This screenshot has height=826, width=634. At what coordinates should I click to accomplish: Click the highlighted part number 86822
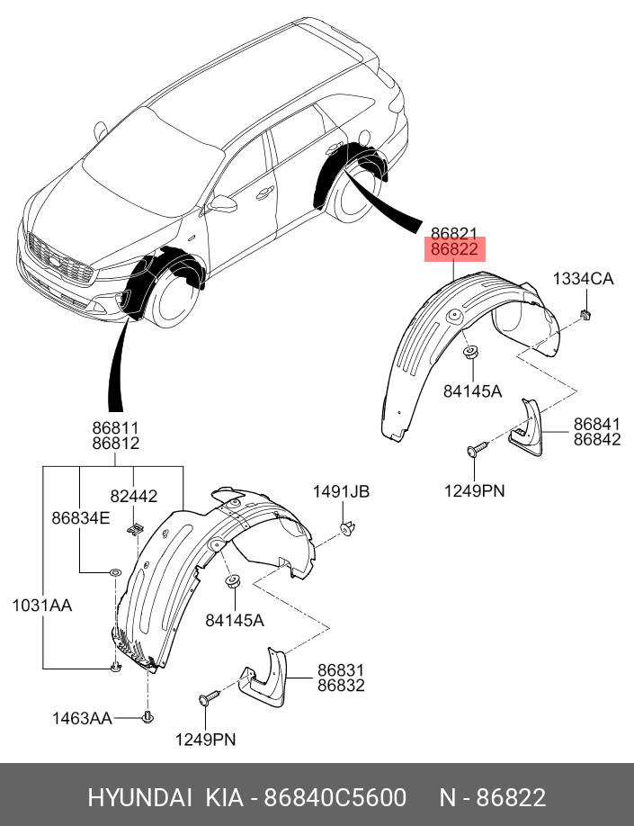[x=454, y=250]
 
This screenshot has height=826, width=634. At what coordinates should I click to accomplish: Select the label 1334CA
[x=583, y=279]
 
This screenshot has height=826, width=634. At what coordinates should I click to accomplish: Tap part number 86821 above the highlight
[x=454, y=233]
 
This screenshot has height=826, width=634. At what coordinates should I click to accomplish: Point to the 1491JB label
[x=341, y=491]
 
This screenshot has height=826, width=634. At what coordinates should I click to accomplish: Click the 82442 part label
[x=134, y=496]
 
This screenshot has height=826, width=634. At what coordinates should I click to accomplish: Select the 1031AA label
[x=41, y=606]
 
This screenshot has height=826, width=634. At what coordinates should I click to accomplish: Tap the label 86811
[x=114, y=427]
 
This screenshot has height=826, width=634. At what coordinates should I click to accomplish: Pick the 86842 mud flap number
[x=597, y=439]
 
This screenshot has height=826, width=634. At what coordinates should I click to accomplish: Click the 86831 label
[x=340, y=669]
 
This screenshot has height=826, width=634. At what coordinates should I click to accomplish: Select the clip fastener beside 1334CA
[x=585, y=314]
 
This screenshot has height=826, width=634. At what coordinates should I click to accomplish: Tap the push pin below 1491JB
[x=346, y=527]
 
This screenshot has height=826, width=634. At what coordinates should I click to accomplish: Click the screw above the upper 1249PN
[x=477, y=448]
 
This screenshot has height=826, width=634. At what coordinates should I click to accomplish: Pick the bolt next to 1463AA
[x=147, y=716]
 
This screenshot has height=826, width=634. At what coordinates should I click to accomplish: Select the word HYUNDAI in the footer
[x=139, y=797]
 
